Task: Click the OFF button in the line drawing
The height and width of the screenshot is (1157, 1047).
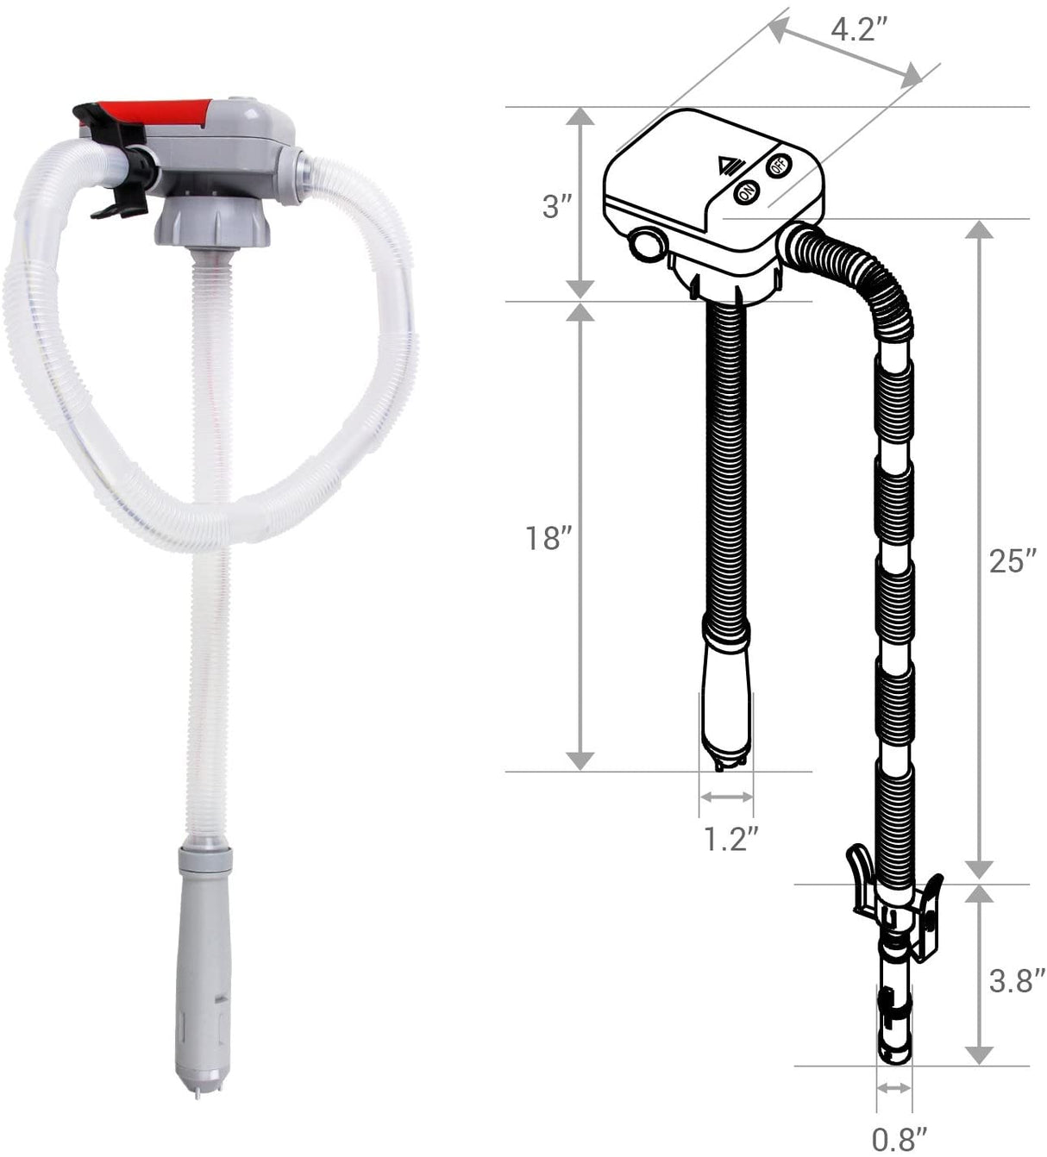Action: [779, 166]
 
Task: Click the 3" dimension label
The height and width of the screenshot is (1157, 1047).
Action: [557, 206]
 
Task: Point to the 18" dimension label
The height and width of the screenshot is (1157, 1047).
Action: [549, 539]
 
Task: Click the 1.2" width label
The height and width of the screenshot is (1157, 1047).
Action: [730, 839]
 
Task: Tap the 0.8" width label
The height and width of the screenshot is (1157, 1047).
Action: [900, 1140]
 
